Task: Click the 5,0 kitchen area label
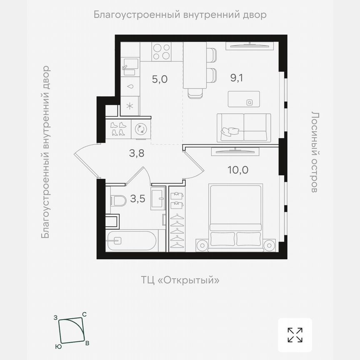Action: coord(160,79)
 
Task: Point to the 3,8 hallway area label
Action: coord(136,153)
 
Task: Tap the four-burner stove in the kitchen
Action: coord(161,52)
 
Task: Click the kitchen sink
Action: coord(130,66)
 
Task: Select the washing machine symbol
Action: coord(141,130)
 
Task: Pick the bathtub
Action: coord(132,240)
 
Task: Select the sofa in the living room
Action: coord(243,128)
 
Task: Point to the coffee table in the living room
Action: coord(244,99)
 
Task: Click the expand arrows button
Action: coord(295,335)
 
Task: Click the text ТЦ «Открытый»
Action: coord(180,280)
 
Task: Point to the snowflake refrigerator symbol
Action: coord(130,105)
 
